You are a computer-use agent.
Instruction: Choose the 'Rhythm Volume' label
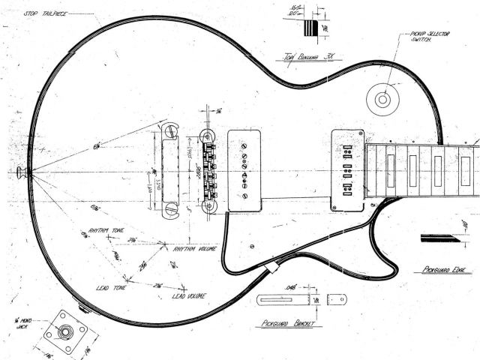click(x=195, y=248)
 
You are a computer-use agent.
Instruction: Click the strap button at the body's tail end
click(x=22, y=172)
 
